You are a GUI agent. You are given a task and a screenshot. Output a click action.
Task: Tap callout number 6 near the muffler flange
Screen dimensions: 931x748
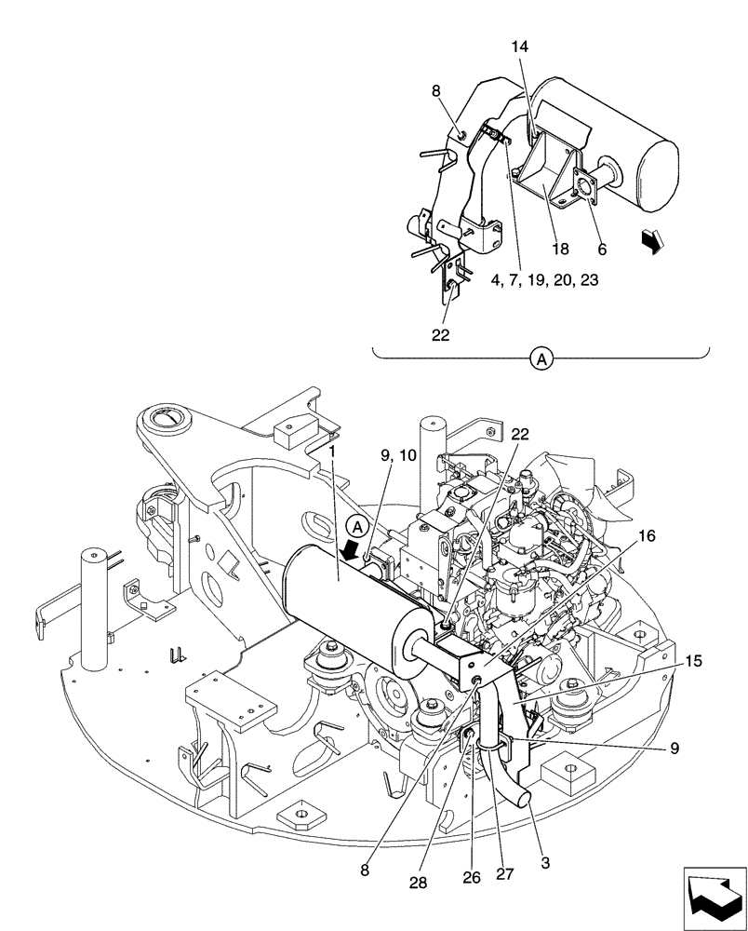pyautogui.click(x=601, y=250)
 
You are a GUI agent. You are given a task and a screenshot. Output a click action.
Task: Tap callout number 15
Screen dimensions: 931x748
pyautogui.click(x=693, y=662)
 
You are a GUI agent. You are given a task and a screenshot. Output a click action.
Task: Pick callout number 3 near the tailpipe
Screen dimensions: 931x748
pyautogui.click(x=545, y=863)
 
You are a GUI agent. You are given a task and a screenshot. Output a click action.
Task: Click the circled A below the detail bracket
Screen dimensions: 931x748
pyautogui.click(x=540, y=357)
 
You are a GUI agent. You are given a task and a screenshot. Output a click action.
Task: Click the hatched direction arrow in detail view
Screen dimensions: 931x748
pyautogui.click(x=654, y=242)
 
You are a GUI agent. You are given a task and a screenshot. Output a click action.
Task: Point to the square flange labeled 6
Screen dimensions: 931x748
pyautogui.click(x=586, y=194)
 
